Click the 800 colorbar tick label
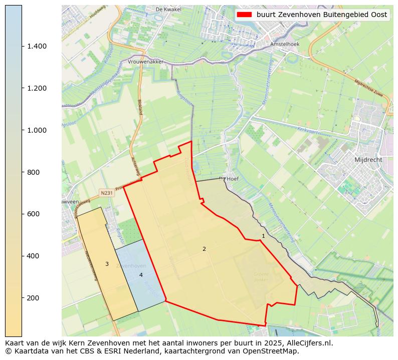tap(33, 172)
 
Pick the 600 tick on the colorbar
tap(33, 214)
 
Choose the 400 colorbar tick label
tap(33, 256)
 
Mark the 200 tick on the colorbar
tap(33, 298)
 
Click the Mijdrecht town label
tap(368, 160)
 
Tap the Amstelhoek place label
tap(284, 44)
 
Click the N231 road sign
tap(106, 193)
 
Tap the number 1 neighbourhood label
tap(263, 236)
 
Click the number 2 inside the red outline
tap(204, 249)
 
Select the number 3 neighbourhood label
tap(107, 264)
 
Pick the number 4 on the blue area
tap(141, 275)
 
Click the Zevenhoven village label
tap(131, 266)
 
